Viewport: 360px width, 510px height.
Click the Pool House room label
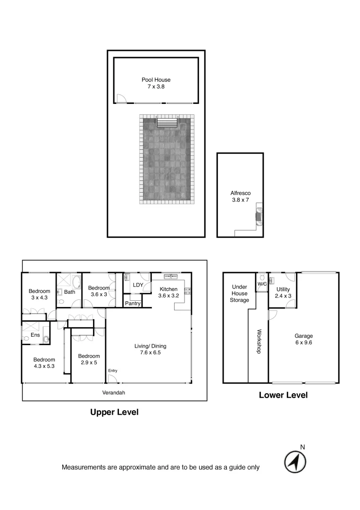156,83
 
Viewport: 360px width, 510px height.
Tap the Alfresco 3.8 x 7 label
240,196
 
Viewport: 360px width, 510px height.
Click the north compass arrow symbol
295,461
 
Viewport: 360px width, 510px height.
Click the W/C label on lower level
261,284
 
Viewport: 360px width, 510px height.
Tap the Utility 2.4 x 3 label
283,292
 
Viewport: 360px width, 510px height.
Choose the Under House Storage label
239,293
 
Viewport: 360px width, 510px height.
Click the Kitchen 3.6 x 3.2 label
168,292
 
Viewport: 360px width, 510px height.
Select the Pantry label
133,304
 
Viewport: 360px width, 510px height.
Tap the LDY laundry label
138,285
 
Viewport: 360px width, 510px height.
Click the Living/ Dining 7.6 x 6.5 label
151,349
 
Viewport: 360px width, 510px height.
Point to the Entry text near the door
113,371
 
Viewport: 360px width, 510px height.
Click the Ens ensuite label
35,335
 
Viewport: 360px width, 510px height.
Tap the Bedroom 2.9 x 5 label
89,359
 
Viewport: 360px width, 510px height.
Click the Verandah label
114,392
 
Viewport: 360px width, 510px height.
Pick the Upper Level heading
114,412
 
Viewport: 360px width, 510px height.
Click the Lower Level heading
283,395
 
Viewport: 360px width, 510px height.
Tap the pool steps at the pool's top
167,123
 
